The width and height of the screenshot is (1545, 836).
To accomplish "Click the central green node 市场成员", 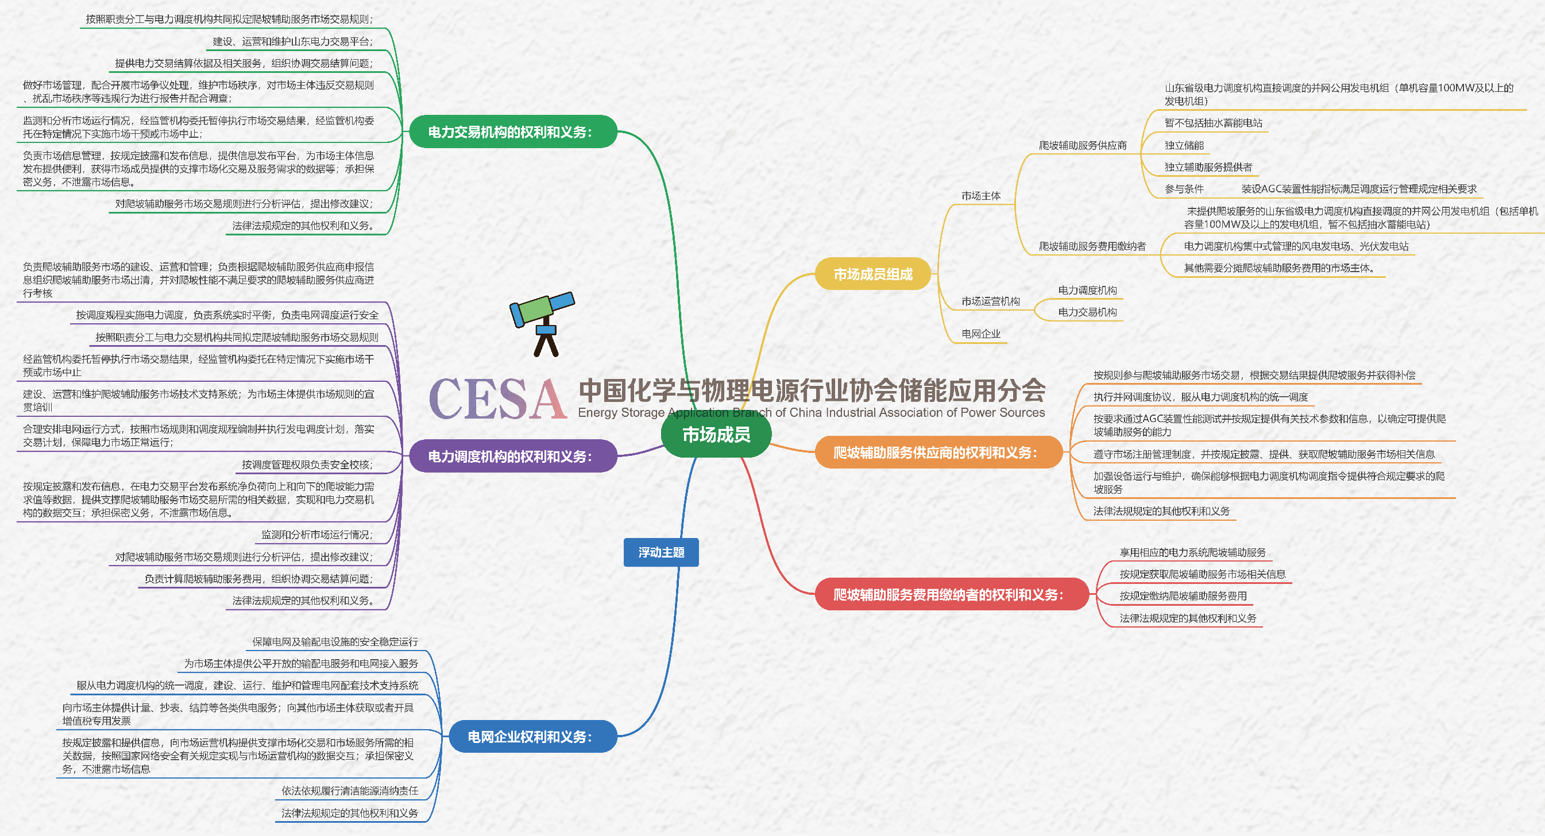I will (x=716, y=434).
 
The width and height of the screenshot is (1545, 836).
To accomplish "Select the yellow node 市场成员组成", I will (x=872, y=274).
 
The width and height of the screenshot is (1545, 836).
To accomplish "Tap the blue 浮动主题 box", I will (x=661, y=552).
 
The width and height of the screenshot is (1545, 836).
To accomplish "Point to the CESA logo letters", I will (x=497, y=399).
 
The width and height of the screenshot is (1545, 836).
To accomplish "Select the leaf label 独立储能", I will (x=1184, y=145).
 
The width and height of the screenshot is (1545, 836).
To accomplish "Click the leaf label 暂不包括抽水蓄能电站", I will (x=1212, y=123).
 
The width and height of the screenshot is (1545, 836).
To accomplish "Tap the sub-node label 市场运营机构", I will (x=990, y=301).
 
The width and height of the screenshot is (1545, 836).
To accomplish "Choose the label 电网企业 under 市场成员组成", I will (x=980, y=334).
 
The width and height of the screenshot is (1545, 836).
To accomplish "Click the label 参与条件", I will (x=1184, y=189).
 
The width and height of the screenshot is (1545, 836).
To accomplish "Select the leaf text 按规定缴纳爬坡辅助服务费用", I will (x=1183, y=596).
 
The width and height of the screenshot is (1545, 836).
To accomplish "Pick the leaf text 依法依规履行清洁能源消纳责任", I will (x=350, y=791).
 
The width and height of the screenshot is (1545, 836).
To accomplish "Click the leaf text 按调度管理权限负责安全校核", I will (x=307, y=464).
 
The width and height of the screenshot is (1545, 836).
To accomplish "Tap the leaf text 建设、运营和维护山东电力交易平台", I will (x=293, y=41).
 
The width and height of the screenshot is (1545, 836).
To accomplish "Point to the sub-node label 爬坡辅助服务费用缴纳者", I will (x=1092, y=246).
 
